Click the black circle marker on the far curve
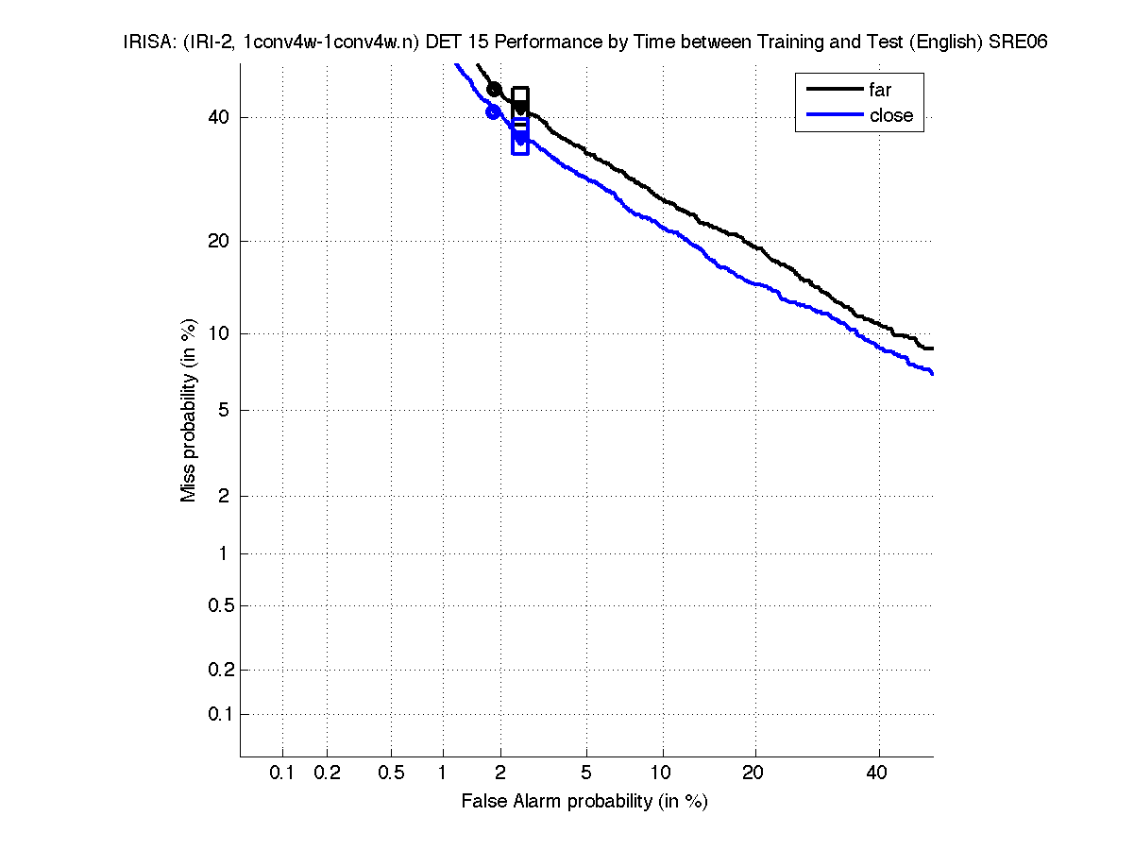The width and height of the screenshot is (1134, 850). click(x=494, y=89)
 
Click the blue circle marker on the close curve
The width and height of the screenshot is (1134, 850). click(x=493, y=111)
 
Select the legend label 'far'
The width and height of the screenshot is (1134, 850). click(x=880, y=90)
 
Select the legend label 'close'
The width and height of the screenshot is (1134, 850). click(x=891, y=115)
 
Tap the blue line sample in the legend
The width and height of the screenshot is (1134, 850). click(x=835, y=115)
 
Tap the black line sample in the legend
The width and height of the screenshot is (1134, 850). click(x=835, y=90)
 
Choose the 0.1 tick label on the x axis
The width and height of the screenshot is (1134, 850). click(x=282, y=773)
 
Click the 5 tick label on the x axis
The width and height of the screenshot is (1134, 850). click(x=586, y=773)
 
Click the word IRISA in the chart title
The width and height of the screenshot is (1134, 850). click(x=145, y=42)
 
